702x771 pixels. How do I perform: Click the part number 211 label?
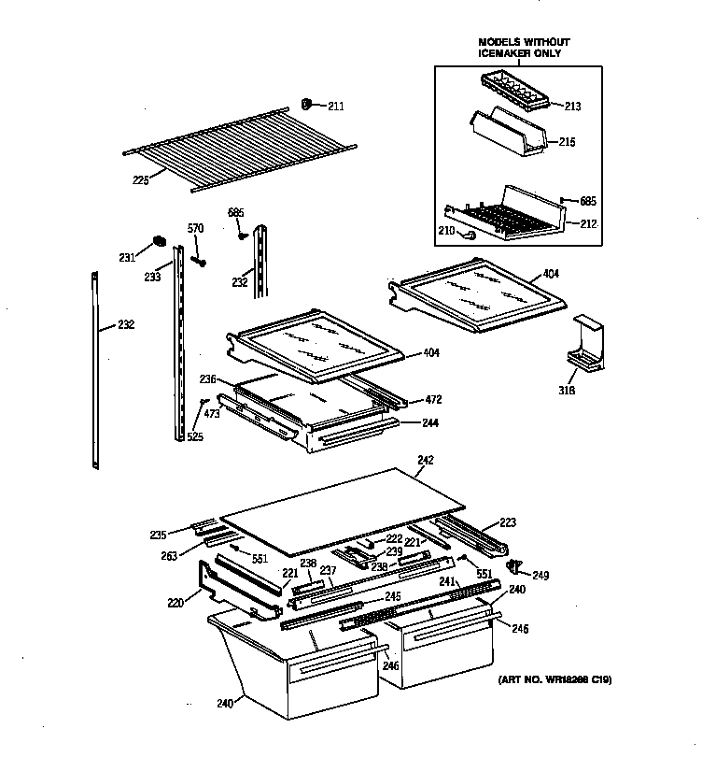pyautogui.click(x=335, y=107)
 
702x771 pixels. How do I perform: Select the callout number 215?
pyautogui.click(x=566, y=142)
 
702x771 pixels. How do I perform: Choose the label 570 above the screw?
pyautogui.click(x=195, y=230)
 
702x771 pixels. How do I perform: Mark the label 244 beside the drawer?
pyautogui.click(x=429, y=422)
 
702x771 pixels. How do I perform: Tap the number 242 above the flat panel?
pyautogui.click(x=426, y=461)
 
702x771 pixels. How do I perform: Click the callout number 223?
pyautogui.click(x=507, y=522)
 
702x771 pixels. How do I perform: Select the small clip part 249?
pyautogui.click(x=513, y=566)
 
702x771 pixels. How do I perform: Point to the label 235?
pyautogui.click(x=158, y=535)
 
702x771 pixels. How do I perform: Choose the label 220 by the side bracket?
pyautogui.click(x=175, y=603)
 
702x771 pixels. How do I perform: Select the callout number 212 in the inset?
pyautogui.click(x=589, y=224)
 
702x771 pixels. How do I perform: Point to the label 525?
pyautogui.click(x=194, y=436)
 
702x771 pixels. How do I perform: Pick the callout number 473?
pyautogui.click(x=211, y=412)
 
